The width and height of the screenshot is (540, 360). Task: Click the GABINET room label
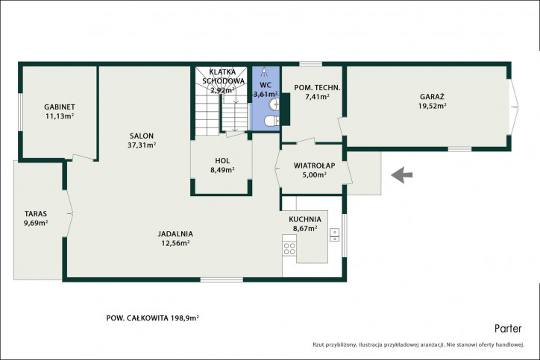(x=60, y=107)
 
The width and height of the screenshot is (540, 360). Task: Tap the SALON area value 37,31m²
(x=142, y=145)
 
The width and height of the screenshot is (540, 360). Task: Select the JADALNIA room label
(x=175, y=234)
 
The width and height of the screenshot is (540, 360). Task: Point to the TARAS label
(x=36, y=214)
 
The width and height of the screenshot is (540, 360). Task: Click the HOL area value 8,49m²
(x=222, y=170)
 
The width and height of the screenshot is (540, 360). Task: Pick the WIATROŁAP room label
(x=315, y=165)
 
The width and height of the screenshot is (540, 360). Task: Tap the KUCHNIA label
(x=305, y=219)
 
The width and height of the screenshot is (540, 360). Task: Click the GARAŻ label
(x=432, y=97)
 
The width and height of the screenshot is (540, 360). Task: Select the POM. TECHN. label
(x=317, y=88)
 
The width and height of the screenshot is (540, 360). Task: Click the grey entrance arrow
(x=402, y=175)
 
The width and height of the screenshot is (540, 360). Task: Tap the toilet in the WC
(x=272, y=121)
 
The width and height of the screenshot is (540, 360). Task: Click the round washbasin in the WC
(x=274, y=104)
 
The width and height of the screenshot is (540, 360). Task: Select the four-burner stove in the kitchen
(x=289, y=249)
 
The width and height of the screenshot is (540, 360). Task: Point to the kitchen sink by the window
(x=334, y=234)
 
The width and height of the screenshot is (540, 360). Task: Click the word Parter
(x=508, y=329)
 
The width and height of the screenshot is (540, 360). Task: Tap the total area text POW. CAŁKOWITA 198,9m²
(x=153, y=318)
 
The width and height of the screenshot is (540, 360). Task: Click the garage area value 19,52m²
(x=432, y=106)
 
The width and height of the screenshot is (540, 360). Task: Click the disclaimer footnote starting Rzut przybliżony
(x=418, y=344)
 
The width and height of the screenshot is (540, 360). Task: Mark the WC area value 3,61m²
(x=266, y=95)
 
